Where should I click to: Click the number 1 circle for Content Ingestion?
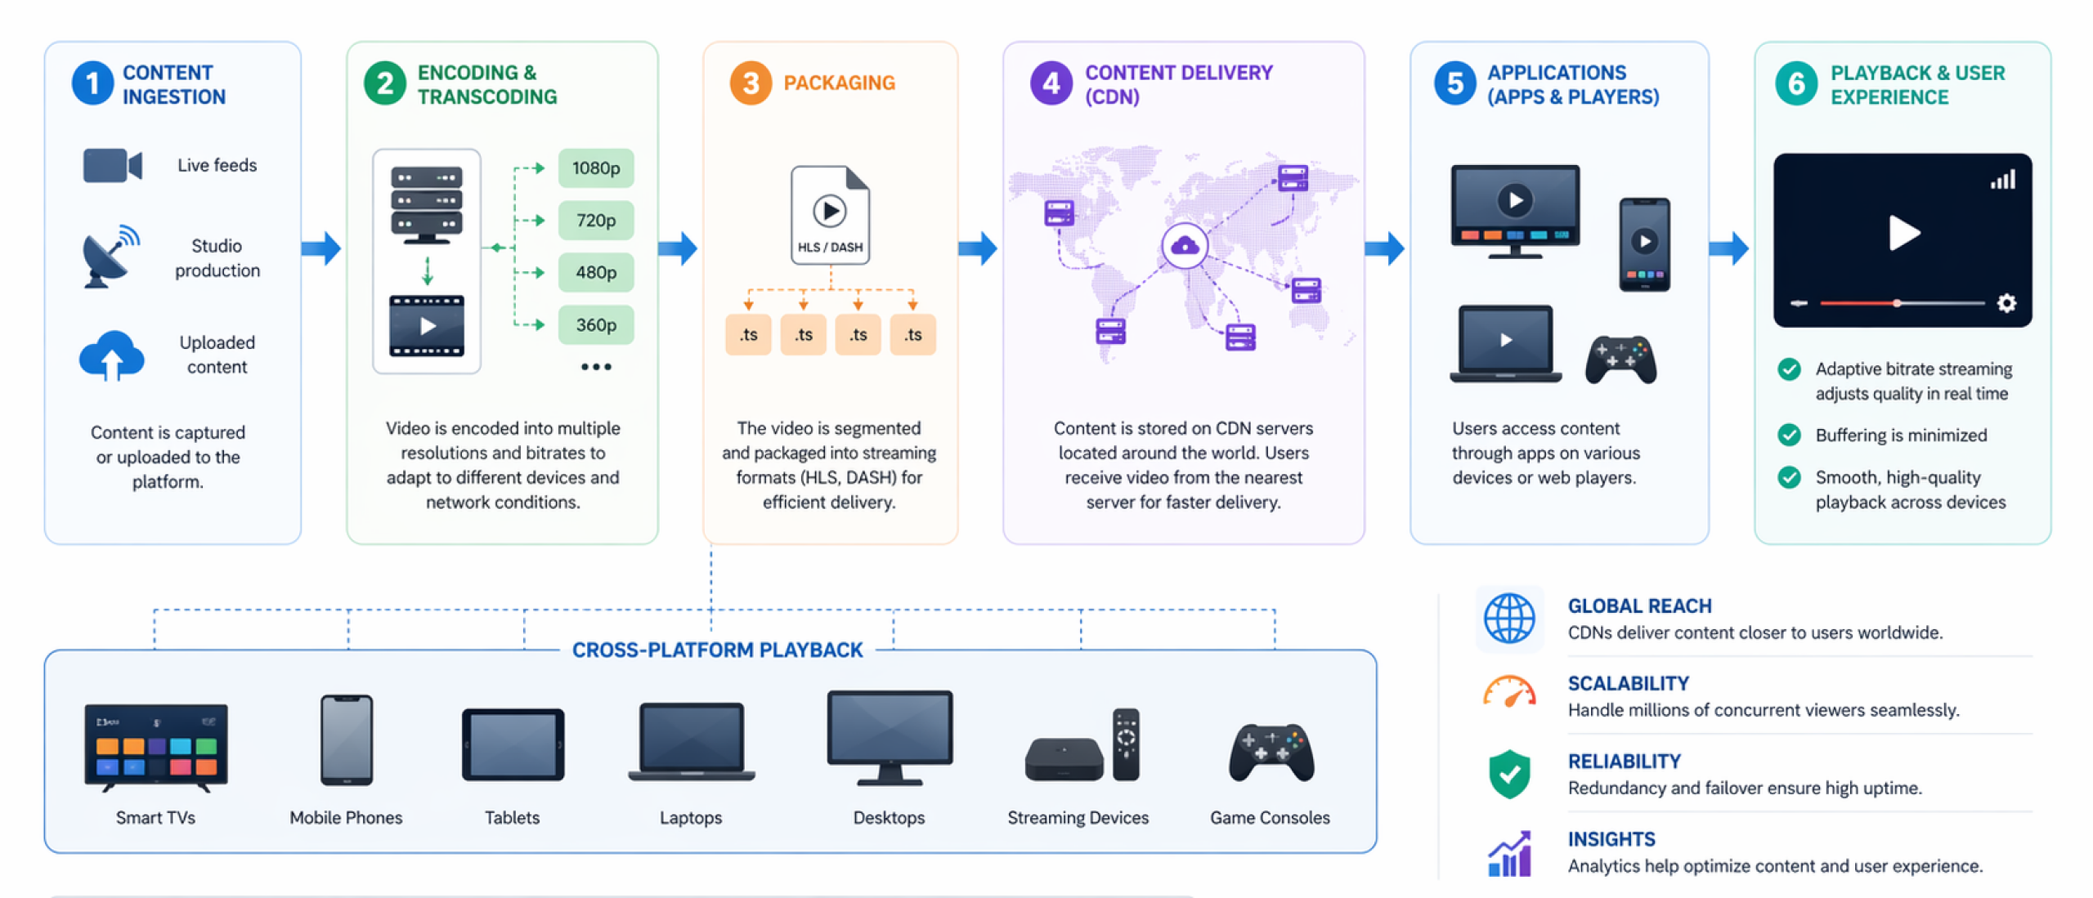click(92, 83)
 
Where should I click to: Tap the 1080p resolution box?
click(595, 168)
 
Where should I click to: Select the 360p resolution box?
click(595, 325)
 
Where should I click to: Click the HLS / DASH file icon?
click(830, 215)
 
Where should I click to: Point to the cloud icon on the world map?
click(1185, 245)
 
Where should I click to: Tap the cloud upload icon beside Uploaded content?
click(112, 355)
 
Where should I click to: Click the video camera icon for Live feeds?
click(113, 165)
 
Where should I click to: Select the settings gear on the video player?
click(2006, 304)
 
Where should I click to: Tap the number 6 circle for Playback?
click(1796, 83)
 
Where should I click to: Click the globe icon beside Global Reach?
click(1509, 619)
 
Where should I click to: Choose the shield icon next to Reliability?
click(1509, 773)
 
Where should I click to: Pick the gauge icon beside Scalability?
click(1509, 693)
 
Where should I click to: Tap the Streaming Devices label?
click(1078, 818)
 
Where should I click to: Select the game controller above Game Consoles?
click(1271, 752)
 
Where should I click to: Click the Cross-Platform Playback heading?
click(717, 650)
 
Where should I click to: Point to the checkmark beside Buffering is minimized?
click(1789, 435)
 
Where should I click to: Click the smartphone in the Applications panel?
click(1644, 243)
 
